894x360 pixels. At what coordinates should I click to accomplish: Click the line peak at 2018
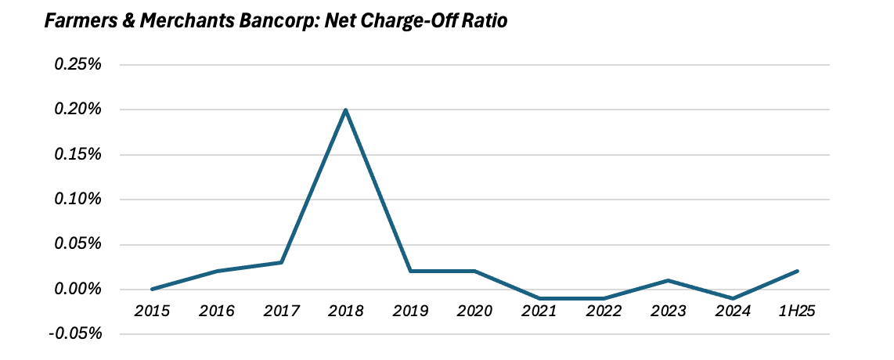point(345,110)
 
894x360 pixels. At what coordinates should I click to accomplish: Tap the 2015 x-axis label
point(152,311)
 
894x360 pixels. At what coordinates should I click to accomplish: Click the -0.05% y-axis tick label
point(76,334)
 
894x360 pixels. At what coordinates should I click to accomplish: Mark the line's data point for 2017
point(281,262)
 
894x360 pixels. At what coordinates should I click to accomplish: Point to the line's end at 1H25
point(797,272)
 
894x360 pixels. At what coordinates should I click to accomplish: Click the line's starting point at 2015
point(152,289)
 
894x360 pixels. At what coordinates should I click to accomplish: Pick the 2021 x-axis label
point(539,311)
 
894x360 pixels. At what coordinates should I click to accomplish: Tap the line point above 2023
point(668,280)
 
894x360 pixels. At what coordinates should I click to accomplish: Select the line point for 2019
point(410,271)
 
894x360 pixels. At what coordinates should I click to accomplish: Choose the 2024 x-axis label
point(733,311)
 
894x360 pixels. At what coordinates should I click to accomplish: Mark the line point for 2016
point(217,271)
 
